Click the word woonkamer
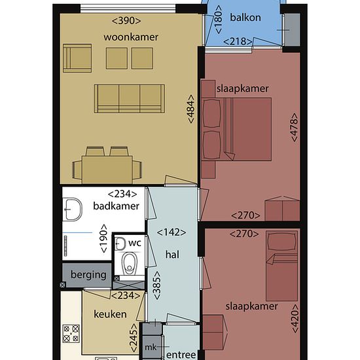tap(131, 37)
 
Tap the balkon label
tap(245, 18)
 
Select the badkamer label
tap(116, 206)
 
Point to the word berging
tap(88, 275)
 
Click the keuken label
tap(110, 314)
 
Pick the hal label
tap(172, 255)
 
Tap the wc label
tap(135, 243)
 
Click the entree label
tap(181, 355)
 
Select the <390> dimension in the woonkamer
tap(126, 21)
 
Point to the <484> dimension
tap(191, 109)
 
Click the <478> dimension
tap(295, 127)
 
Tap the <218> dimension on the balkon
tap(238, 42)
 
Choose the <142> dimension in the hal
tap(171, 232)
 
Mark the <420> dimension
tap(295, 319)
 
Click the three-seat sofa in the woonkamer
tap(130, 99)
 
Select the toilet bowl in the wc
tap(130, 263)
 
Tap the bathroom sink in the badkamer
tap(73, 209)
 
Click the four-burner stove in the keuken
tap(71, 333)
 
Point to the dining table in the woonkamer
tap(107, 170)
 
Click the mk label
tap(151, 348)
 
